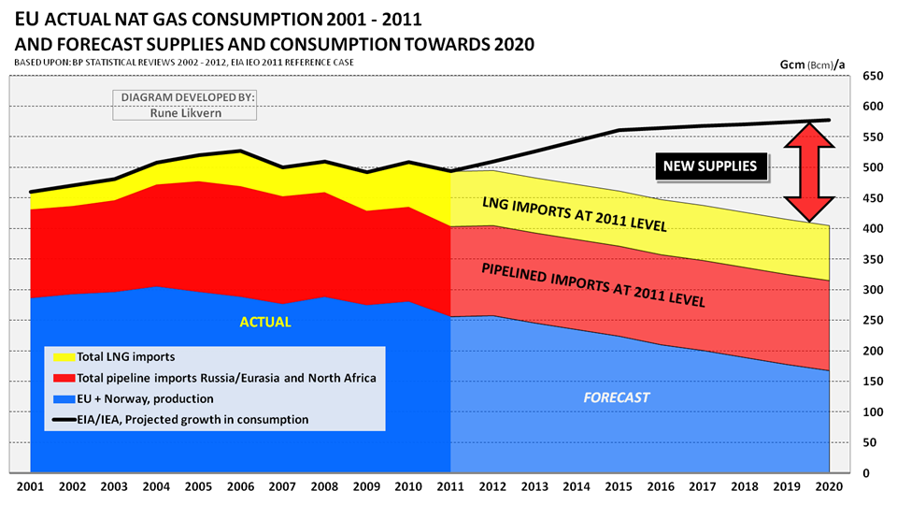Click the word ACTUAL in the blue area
(265, 322)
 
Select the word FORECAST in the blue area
(617, 397)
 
